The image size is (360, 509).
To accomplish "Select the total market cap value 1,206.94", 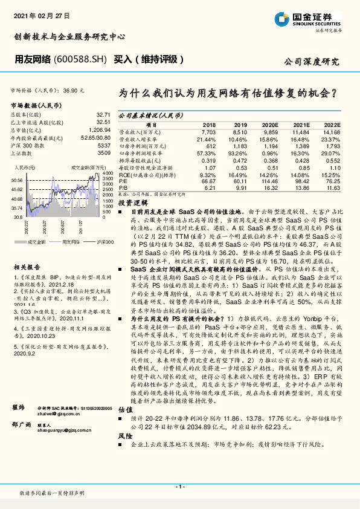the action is click(100, 130).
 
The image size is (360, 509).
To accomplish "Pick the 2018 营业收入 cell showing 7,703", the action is click(208, 131).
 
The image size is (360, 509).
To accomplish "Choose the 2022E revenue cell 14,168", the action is click(332, 131).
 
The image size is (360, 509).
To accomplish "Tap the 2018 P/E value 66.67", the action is click(208, 181).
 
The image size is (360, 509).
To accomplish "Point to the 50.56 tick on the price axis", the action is click(17, 180).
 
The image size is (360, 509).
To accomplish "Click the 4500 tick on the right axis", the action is click(106, 174).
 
